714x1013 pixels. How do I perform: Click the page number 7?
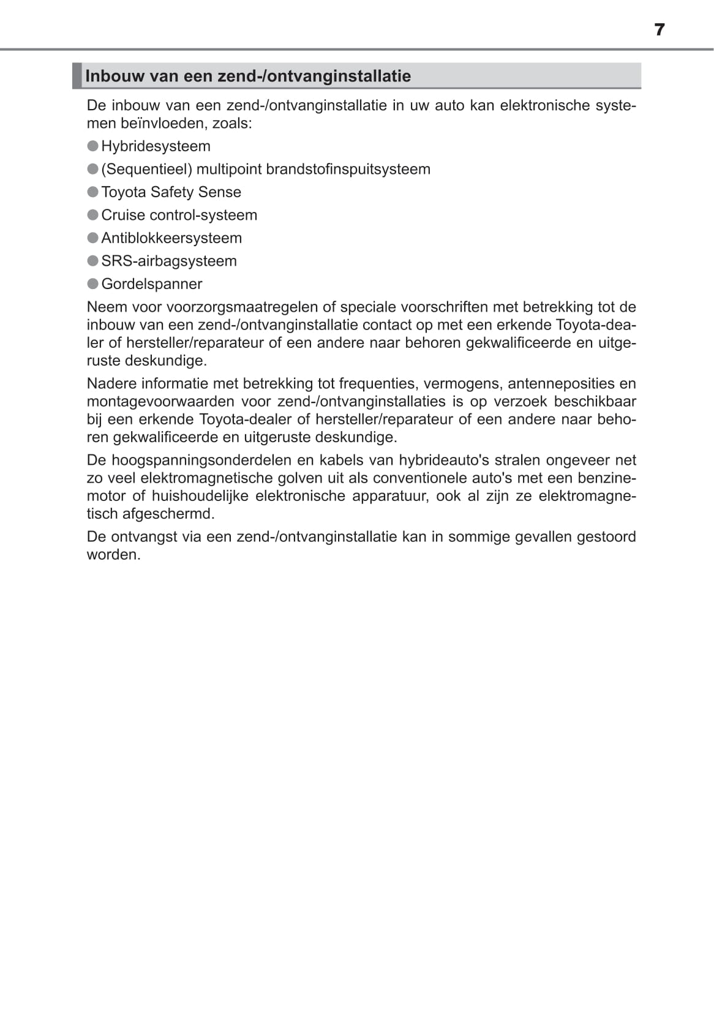(659, 29)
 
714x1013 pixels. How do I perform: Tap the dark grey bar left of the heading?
(77, 75)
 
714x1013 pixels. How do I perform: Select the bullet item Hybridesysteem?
(156, 146)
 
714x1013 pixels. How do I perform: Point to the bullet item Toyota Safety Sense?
(171, 192)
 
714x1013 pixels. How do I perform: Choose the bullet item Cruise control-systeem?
(179, 215)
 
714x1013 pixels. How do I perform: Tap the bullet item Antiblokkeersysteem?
(171, 238)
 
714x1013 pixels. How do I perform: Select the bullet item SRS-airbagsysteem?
(169, 261)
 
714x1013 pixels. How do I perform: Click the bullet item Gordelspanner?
(151, 284)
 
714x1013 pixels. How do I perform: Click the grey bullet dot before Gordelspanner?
(92, 284)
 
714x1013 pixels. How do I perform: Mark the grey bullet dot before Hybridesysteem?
(92, 146)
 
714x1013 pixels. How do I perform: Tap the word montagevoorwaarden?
(160, 401)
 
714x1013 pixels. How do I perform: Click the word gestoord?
(606, 537)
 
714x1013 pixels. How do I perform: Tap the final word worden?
(113, 555)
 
